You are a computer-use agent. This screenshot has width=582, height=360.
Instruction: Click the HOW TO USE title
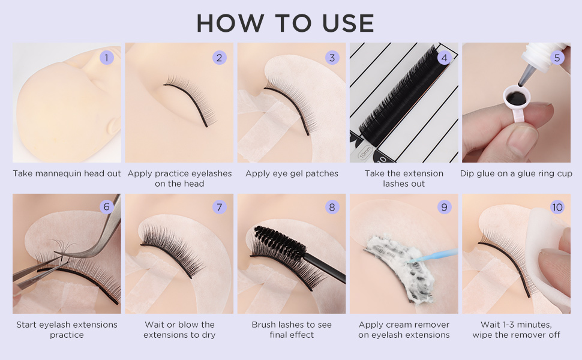click(x=286, y=23)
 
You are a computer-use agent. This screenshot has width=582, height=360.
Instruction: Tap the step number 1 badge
click(x=107, y=58)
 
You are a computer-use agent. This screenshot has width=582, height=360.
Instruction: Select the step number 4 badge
click(x=444, y=58)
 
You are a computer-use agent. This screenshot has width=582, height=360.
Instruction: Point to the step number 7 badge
click(x=220, y=207)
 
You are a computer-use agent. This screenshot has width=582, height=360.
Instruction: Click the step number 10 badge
click(x=557, y=207)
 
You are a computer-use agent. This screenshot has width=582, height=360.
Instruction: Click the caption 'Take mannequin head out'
click(x=67, y=173)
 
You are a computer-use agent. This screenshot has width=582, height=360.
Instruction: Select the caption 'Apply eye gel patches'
click(x=292, y=173)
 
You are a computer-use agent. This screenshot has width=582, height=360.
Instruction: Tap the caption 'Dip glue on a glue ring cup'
click(x=516, y=173)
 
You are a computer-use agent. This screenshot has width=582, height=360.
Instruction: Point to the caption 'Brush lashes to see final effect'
click(x=292, y=329)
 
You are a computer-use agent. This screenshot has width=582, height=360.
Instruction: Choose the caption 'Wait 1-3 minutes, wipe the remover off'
click(x=516, y=329)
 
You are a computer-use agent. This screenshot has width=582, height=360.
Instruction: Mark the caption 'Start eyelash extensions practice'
click(x=67, y=329)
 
